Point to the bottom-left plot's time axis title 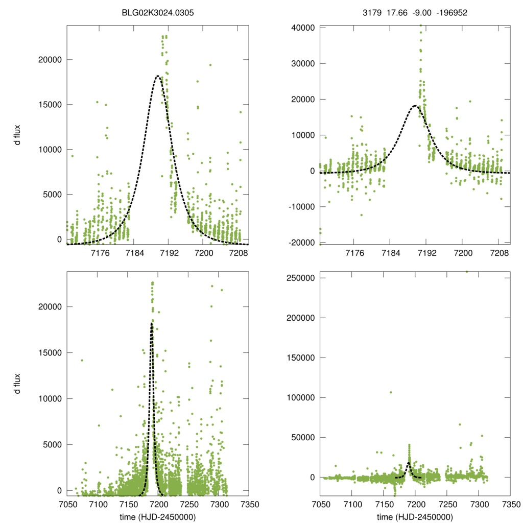(x=158, y=517)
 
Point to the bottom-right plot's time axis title (x=415, y=517)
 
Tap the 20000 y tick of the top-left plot (x=50, y=60)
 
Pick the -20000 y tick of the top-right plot (x=301, y=243)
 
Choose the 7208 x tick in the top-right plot (x=498, y=253)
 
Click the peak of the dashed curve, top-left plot (x=158, y=76)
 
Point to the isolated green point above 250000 (x=466, y=271)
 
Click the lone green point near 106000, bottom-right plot (x=391, y=392)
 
